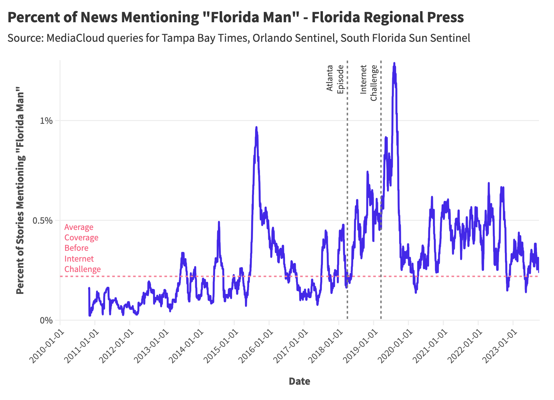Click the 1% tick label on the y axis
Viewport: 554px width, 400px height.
coord(47,121)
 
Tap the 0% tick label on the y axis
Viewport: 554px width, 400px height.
coord(47,320)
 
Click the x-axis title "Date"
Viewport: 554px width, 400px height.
coord(299,382)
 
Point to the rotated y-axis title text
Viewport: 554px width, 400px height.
coord(20,190)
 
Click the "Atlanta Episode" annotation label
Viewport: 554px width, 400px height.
coord(335,79)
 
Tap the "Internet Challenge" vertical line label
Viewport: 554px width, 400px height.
coord(369,83)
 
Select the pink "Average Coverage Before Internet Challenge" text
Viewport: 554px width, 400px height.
coord(82,248)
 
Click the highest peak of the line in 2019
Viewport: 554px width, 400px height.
coord(394,63)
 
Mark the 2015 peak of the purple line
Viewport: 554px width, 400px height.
coord(256,127)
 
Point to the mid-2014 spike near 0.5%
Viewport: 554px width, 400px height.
coord(219,222)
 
